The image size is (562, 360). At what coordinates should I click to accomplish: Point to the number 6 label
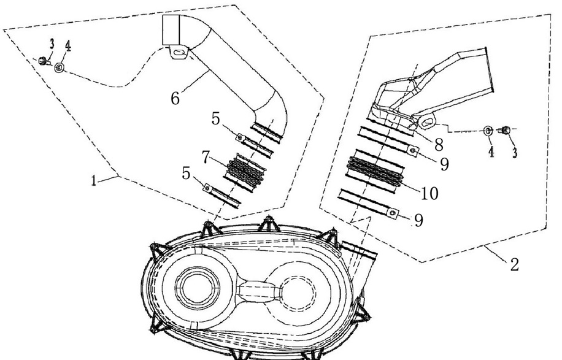click(175, 98)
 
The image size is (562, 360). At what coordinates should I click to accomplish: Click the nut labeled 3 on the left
click(42, 60)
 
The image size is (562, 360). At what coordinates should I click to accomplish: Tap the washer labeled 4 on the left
click(60, 67)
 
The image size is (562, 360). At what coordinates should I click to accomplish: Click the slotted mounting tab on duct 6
click(177, 54)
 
